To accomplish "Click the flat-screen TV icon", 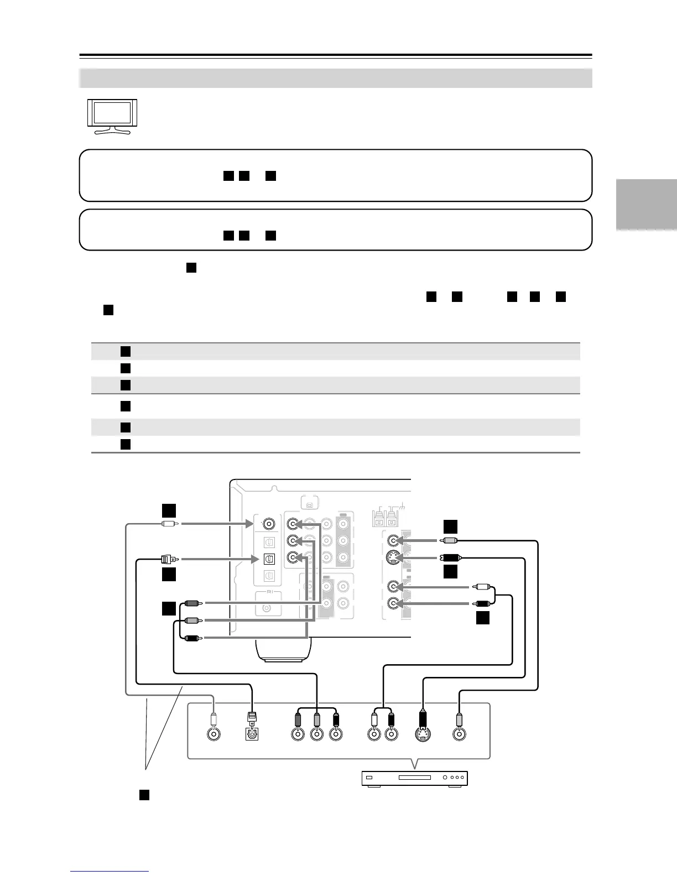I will (x=112, y=116).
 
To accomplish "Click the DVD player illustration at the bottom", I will (x=415, y=778).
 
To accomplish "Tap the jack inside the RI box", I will (x=268, y=608).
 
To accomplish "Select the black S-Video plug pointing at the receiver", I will (x=449, y=557).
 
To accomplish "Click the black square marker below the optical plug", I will (x=169, y=575).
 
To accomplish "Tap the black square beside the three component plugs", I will (x=169, y=609).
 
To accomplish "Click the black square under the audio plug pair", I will (x=483, y=618).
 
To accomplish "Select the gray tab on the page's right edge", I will (x=645, y=205).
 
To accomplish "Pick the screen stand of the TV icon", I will (x=112, y=131).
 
